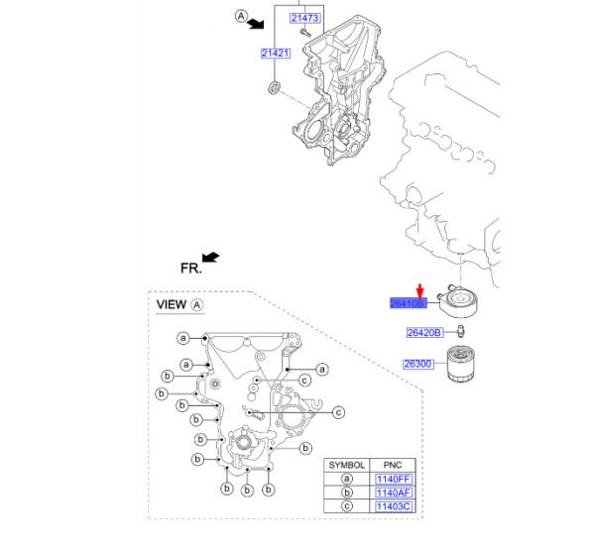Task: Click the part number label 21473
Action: pos(303,19)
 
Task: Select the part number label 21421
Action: pos(275,53)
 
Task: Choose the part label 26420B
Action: pos(424,332)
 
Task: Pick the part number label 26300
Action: pos(417,364)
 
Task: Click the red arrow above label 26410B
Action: pos(419,288)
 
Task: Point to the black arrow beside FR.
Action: pos(210,258)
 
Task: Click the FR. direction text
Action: pos(190,268)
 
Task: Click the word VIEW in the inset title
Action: pos(172,305)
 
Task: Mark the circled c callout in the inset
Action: pos(337,412)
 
